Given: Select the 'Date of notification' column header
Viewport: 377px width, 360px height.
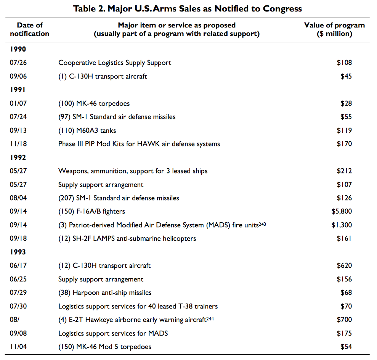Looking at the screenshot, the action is (30, 29).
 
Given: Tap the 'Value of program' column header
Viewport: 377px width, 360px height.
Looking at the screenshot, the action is (334, 29).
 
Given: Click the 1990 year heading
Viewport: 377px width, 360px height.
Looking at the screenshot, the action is (18, 49).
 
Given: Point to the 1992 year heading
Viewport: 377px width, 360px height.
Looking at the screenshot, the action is (18, 157).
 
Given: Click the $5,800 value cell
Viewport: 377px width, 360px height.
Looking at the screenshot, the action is (342, 211).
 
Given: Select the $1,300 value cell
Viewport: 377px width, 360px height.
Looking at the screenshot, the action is (342, 225).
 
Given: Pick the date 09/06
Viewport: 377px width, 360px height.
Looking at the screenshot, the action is (18, 76).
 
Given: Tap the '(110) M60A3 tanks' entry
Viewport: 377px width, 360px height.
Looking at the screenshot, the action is (87, 130).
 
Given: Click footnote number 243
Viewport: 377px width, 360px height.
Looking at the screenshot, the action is (262, 224).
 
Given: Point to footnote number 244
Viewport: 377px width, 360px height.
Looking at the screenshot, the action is (210, 319).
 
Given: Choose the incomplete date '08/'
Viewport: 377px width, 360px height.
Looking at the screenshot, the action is (14, 320).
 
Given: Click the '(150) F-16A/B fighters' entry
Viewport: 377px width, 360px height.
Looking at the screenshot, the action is (91, 211).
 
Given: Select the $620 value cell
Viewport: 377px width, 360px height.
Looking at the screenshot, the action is (344, 265).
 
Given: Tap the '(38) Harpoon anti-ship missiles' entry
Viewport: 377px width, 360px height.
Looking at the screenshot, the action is (105, 292).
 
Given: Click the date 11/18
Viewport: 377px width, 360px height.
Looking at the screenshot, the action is (18, 144).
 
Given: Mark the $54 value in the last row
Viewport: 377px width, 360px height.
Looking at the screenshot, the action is (346, 347).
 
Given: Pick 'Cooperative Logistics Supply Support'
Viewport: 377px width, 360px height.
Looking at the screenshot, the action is (115, 63).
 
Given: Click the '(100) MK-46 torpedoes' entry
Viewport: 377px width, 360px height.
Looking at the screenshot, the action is (94, 103).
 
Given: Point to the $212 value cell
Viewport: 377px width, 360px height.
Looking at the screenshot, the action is (344, 171).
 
